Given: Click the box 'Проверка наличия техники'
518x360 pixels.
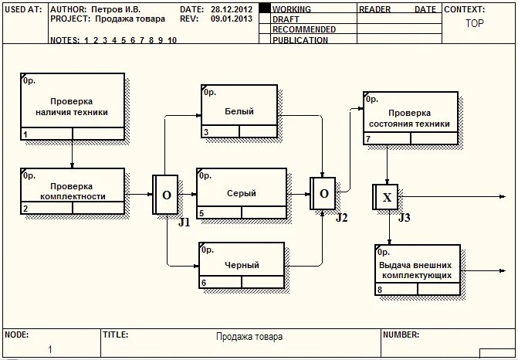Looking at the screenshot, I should click(72, 107).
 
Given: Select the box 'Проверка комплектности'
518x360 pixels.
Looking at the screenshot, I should click(72, 191).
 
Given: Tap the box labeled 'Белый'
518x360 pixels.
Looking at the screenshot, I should click(239, 111).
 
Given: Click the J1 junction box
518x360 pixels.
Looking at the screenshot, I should click(166, 195).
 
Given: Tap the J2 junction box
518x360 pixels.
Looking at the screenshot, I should click(323, 193).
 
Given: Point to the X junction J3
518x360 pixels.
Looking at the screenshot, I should click(387, 198).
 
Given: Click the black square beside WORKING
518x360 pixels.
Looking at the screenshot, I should click(264, 8).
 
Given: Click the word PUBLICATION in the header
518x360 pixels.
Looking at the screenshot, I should click(300, 40).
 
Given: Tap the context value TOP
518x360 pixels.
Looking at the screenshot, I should click(475, 23).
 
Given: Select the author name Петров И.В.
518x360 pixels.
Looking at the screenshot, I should click(116, 9).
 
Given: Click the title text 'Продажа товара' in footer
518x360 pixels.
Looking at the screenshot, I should click(249, 337).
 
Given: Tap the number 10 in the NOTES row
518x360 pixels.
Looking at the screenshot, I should click(171, 40).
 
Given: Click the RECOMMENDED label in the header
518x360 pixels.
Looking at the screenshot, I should click(303, 29).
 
